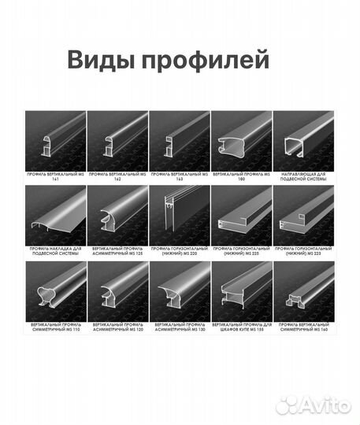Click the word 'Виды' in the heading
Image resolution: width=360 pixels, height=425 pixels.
(96, 61)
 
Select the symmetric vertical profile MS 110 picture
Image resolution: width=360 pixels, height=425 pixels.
(55, 291)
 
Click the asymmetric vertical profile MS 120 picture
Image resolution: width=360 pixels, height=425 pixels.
(117, 291)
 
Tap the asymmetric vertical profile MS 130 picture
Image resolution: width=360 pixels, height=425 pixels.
(179, 291)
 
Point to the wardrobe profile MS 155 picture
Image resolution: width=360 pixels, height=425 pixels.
(241, 291)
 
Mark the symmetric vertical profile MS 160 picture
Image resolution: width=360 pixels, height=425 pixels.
(303, 291)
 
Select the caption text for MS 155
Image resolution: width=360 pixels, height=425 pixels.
(241, 330)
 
